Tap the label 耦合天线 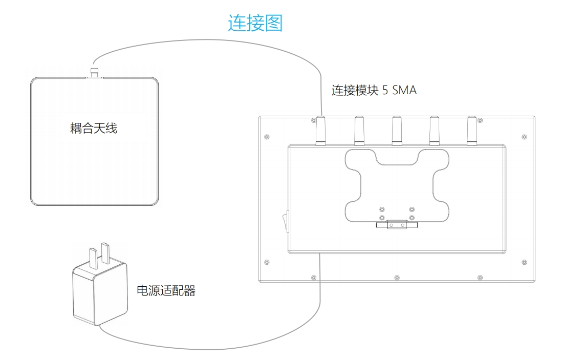pyautogui.click(x=94, y=128)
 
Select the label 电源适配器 pyautogui.click(x=166, y=291)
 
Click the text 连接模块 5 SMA pyautogui.click(x=374, y=91)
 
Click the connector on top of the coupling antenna pyautogui.click(x=94, y=72)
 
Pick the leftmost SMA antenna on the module pyautogui.click(x=321, y=131)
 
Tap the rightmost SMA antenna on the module pyautogui.click(x=472, y=131)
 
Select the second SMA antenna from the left pyautogui.click(x=359, y=131)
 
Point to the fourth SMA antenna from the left pyautogui.click(x=434, y=131)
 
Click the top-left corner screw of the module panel pyautogui.click(x=267, y=137)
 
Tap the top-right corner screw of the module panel pyautogui.click(x=524, y=137)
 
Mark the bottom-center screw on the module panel pyautogui.click(x=397, y=278)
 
